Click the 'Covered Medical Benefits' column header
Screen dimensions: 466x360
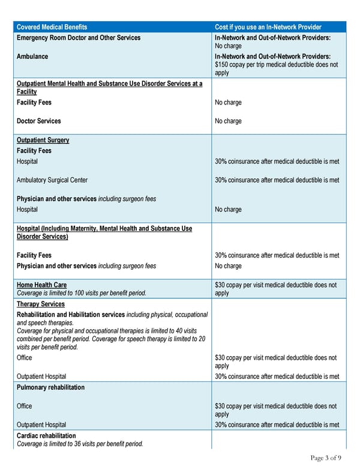pyautogui.click(x=52, y=27)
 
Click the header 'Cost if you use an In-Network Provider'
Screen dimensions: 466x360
pyautogui.click(x=268, y=27)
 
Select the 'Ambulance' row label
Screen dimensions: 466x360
pyautogui.click(x=32, y=56)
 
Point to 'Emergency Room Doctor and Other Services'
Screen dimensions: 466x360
pyautogui.click(x=79, y=37)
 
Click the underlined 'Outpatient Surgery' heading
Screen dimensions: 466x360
pyautogui.click(x=43, y=140)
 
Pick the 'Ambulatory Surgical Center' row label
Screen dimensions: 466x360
pyautogui.click(x=52, y=180)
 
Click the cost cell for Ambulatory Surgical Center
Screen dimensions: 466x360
pyautogui.click(x=277, y=180)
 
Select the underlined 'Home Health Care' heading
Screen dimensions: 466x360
pyautogui.click(x=41, y=285)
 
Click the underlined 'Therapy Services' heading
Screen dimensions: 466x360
pyautogui.click(x=40, y=304)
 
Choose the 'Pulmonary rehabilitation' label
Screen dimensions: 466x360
pyautogui.click(x=50, y=387)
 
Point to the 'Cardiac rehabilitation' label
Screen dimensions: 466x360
pyautogui.click(x=46, y=435)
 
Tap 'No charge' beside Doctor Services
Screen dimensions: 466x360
pyautogui.click(x=228, y=121)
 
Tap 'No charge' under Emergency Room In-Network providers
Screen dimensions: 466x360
pyautogui.click(x=228, y=46)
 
